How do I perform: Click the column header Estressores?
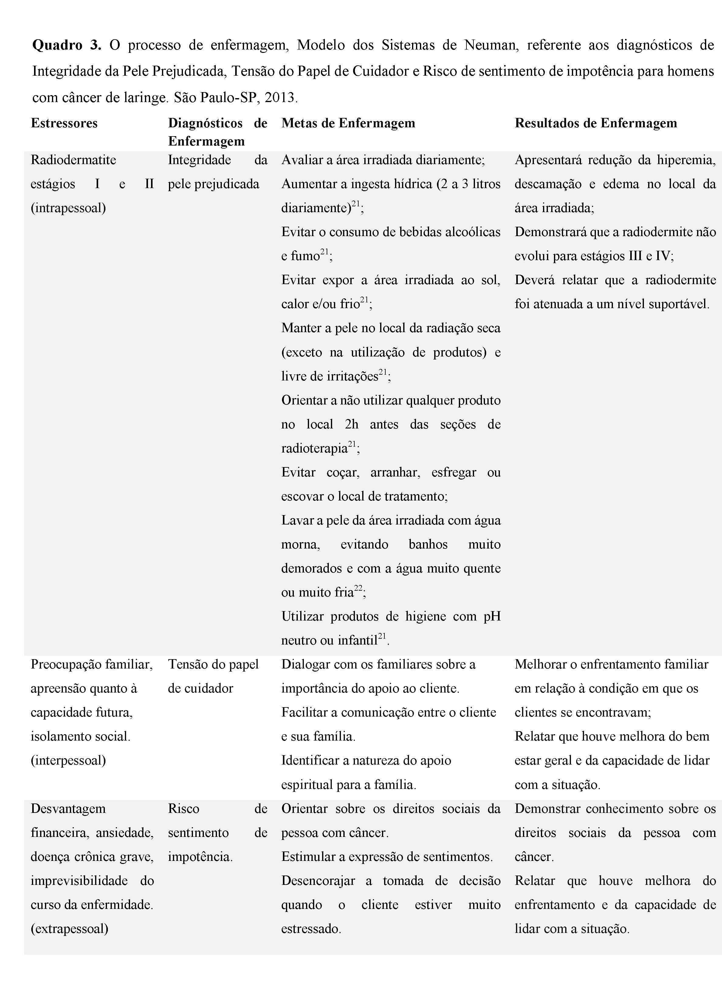click(64, 123)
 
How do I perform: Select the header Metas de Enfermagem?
click(348, 123)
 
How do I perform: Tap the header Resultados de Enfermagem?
click(596, 123)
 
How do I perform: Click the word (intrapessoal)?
click(68, 208)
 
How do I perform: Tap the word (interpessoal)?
click(68, 760)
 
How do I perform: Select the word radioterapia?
click(314, 449)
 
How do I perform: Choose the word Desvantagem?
click(68, 809)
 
